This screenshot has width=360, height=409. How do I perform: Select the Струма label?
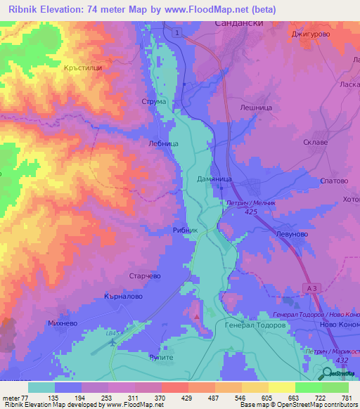[x=154, y=102]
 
